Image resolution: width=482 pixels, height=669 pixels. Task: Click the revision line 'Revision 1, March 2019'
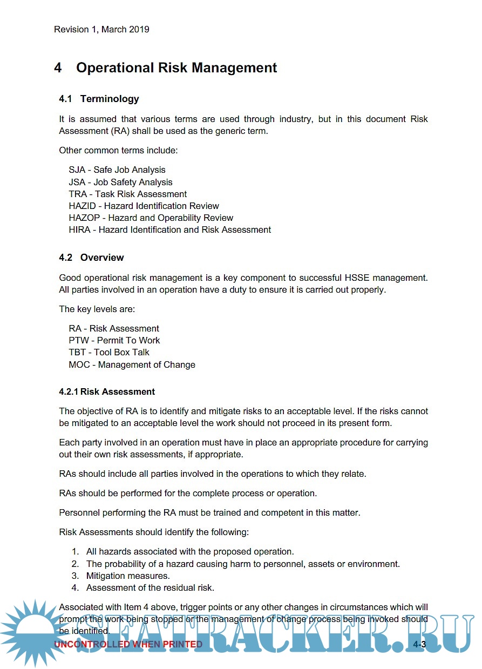pos(101,30)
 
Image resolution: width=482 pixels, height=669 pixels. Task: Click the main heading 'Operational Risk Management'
pos(176,68)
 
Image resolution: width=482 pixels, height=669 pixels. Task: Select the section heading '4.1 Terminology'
pos(99,99)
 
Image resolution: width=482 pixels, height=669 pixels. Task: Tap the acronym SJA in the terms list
pos(77,170)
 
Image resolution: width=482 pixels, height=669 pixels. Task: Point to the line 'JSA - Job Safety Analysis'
pos(120,183)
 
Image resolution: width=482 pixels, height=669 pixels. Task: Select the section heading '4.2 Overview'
pos(91,258)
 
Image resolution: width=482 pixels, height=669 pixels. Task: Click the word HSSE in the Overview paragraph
pos(357,278)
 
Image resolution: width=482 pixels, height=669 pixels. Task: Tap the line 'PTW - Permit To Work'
pos(114,341)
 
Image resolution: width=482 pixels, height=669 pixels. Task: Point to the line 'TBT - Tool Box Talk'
pos(109,353)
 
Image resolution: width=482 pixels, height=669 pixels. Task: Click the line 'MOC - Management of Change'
pos(132,365)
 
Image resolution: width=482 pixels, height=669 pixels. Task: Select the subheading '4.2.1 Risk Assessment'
pos(107,392)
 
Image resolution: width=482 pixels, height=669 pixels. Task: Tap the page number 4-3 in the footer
pos(419,645)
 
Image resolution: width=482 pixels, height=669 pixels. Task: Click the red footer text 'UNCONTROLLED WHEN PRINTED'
pos(128,645)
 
